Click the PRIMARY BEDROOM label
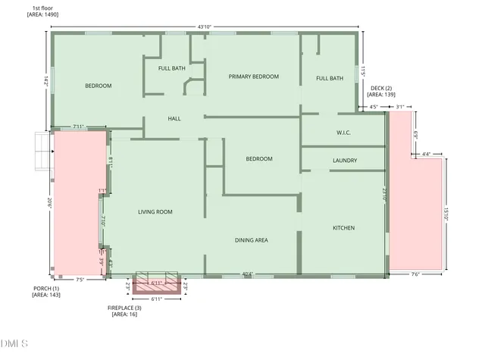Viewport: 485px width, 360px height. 254,77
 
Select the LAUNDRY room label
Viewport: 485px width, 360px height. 345,161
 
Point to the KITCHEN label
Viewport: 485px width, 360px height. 344,228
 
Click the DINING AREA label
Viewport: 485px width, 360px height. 251,240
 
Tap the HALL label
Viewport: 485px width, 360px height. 174,119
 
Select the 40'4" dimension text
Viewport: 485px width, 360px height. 247,274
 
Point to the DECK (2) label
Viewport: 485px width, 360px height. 379,87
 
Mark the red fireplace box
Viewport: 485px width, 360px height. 158,286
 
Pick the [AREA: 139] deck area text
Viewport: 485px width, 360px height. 381,95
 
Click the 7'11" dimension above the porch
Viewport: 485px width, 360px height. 78,127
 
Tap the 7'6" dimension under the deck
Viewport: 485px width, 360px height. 415,274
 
